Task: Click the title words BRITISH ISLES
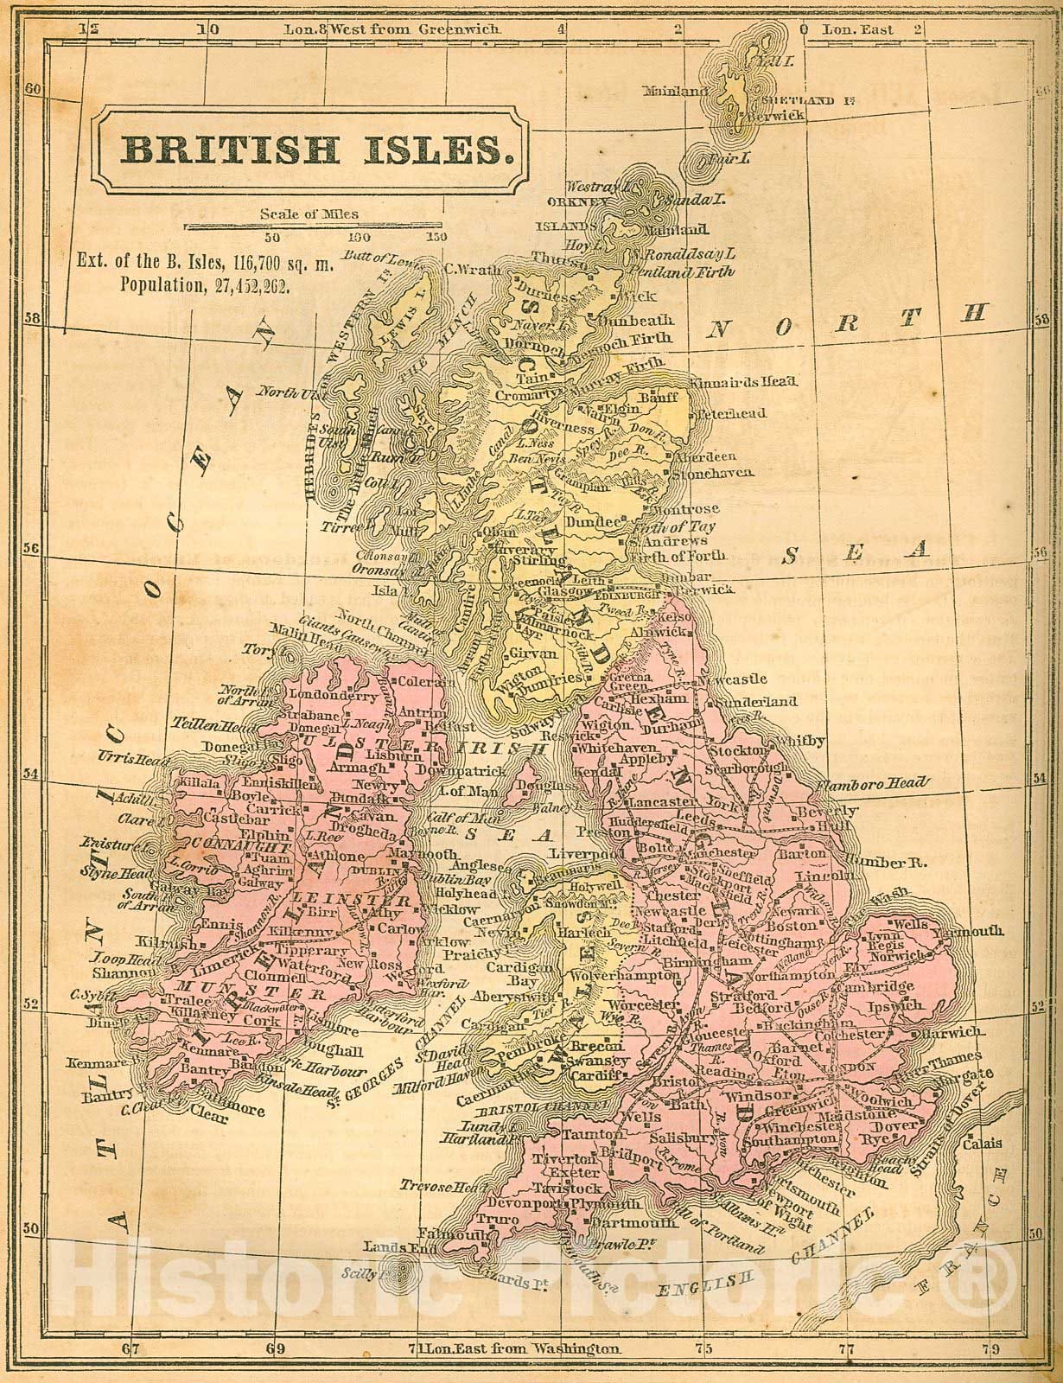coord(314,150)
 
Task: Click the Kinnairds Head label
coord(744,380)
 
